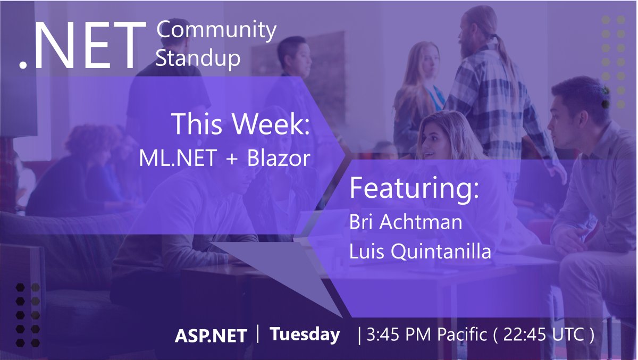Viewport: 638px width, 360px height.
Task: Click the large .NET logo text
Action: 82,46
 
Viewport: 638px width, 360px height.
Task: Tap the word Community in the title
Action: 216,30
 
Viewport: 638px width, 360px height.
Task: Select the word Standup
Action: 198,58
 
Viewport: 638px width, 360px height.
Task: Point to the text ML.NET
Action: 178,158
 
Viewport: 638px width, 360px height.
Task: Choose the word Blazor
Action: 279,158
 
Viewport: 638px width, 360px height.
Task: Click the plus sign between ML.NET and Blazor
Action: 232,159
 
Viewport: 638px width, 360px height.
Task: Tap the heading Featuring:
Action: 414,189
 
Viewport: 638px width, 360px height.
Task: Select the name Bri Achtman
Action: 406,222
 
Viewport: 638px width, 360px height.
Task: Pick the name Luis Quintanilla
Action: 421,251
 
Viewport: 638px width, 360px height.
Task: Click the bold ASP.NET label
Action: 211,336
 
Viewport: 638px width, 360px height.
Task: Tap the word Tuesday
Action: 305,334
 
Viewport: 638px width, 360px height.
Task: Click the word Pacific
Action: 462,334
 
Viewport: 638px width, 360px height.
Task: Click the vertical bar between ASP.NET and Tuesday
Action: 258,334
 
